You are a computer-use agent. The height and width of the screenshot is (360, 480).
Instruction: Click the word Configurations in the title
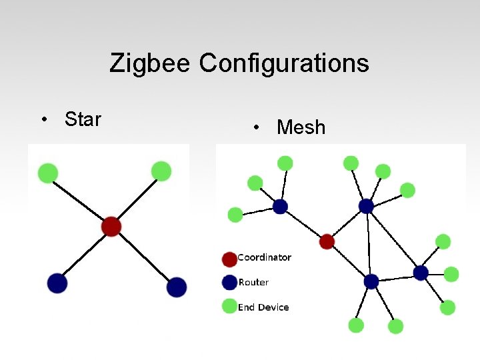[x=284, y=63]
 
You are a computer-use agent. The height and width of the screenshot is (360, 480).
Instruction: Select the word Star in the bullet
[x=83, y=119]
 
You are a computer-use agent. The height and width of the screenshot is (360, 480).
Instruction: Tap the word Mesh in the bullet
[x=301, y=127]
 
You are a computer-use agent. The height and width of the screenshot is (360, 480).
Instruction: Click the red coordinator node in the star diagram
[x=111, y=227]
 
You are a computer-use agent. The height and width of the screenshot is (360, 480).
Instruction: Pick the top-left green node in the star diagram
[x=47, y=173]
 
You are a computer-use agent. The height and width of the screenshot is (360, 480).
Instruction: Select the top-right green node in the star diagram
[x=161, y=171]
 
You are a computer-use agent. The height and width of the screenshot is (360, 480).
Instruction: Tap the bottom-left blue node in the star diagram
[x=57, y=283]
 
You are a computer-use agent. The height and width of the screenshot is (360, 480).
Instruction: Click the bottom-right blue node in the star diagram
[x=176, y=287]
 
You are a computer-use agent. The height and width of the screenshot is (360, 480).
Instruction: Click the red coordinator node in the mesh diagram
[x=327, y=241]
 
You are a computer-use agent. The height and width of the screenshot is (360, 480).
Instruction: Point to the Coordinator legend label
[x=264, y=257]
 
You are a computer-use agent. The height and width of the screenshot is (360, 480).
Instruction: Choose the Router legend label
[x=253, y=282]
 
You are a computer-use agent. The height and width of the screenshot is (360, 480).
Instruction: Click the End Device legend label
[x=263, y=307]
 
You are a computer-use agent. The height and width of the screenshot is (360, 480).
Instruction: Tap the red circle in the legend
[x=229, y=259]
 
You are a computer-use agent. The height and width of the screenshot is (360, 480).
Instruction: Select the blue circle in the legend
[x=229, y=283]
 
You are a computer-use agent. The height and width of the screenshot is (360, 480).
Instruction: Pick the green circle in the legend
[x=229, y=307]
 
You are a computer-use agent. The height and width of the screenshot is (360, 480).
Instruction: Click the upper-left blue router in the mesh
[x=280, y=207]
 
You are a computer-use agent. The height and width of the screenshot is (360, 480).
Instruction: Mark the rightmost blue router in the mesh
[x=421, y=273]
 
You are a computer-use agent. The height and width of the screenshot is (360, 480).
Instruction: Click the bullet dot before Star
[x=43, y=120]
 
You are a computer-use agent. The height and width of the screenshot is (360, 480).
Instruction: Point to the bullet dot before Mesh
[x=256, y=127]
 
